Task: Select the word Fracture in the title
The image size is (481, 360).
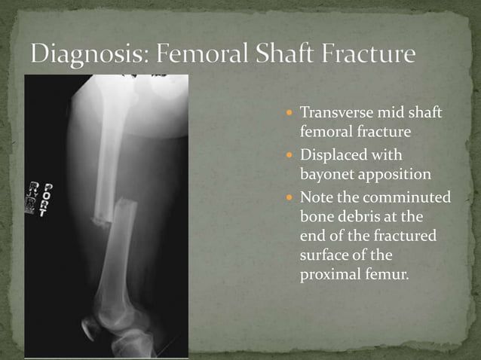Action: [x=372, y=56]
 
